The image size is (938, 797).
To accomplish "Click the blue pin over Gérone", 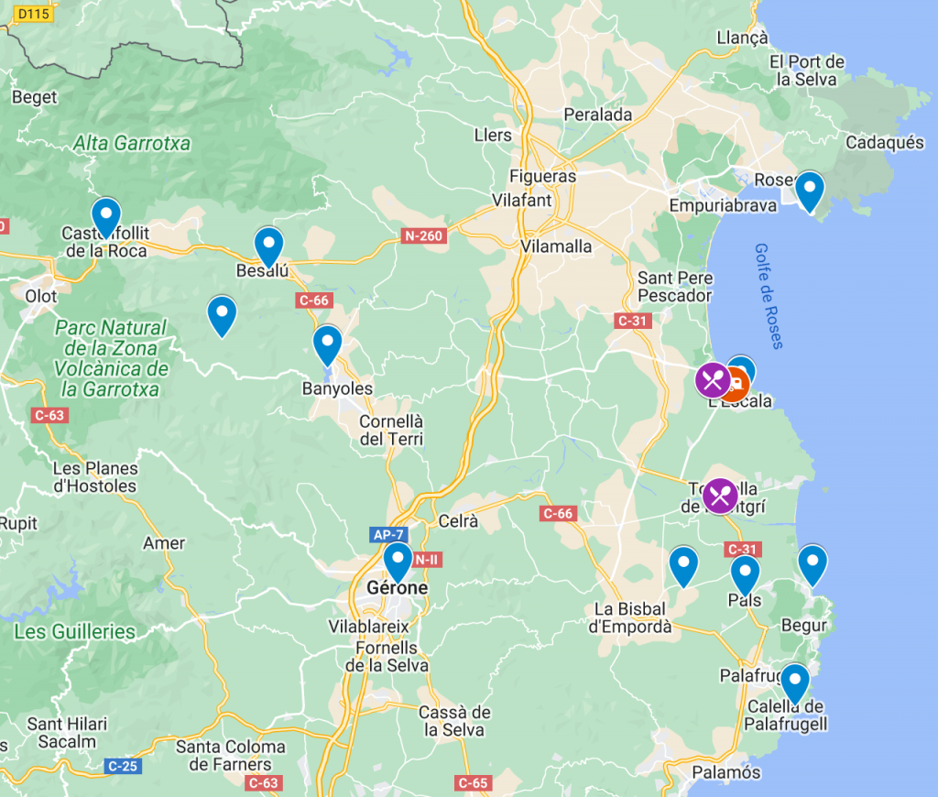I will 398,560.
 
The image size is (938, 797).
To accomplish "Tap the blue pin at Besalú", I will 267,245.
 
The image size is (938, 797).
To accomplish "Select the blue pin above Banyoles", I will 327,344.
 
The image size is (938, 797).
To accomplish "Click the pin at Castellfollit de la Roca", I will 106,216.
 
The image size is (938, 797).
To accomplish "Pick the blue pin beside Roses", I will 809,190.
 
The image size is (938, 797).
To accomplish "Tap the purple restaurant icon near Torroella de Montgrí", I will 721,497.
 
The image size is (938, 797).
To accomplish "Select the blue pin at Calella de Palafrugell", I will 794,682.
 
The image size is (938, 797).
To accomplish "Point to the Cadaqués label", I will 885,143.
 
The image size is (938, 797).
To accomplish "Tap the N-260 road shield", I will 422,236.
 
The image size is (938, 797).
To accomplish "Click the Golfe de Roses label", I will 769,296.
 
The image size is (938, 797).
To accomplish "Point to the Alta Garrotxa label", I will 132,143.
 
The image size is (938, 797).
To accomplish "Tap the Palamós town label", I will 725,772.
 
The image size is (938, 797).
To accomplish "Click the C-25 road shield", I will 124,765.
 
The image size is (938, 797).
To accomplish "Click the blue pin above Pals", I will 745,573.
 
